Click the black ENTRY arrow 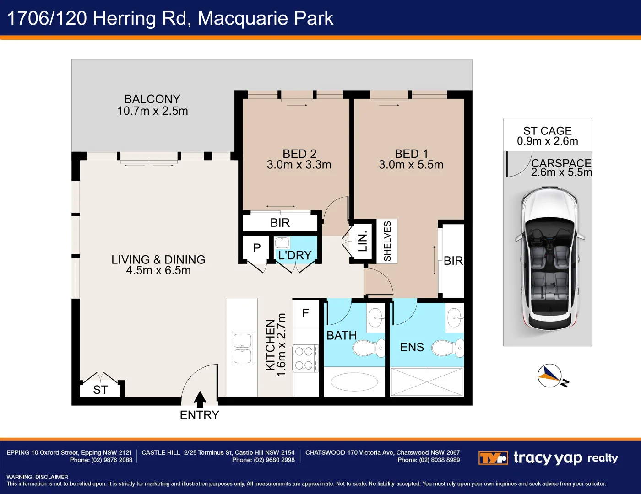coord(200,399)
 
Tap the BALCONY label coord(152,99)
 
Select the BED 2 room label coord(299,154)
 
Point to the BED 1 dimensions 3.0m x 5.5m coord(411,165)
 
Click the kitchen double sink coord(242,349)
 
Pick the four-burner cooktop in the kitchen coord(304,358)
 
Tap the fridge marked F coord(306,313)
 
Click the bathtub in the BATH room coord(354,381)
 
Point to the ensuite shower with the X coord(427,381)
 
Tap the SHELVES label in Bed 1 coord(387,241)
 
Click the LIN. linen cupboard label coord(363,241)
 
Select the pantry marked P coord(256,248)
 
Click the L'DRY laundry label coord(295,255)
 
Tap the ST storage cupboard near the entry coord(100,390)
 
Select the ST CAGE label coord(548,131)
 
